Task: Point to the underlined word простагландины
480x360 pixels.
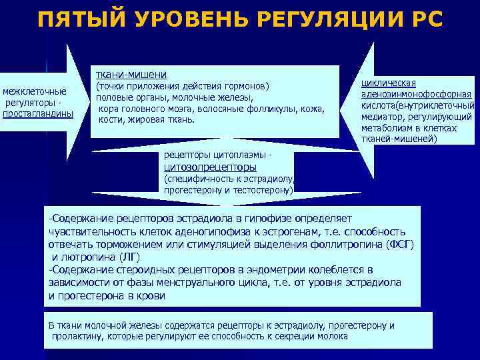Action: click(38, 113)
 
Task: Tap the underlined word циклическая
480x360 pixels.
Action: click(388, 83)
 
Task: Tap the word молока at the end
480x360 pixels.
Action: click(333, 337)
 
